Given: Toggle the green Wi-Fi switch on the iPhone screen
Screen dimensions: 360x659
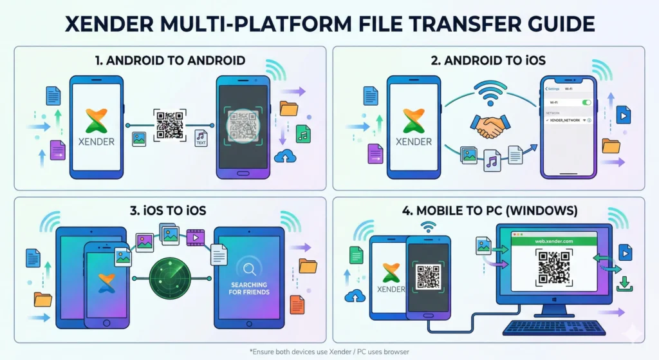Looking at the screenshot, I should coord(586,102).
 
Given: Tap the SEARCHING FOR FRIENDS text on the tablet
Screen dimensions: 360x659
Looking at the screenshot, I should coord(249,288).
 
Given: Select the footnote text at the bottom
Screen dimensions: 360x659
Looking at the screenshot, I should coord(329,351).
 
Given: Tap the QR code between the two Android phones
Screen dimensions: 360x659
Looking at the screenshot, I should coord(169,124).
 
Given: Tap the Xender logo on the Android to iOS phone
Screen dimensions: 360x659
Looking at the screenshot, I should coord(414,120).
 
